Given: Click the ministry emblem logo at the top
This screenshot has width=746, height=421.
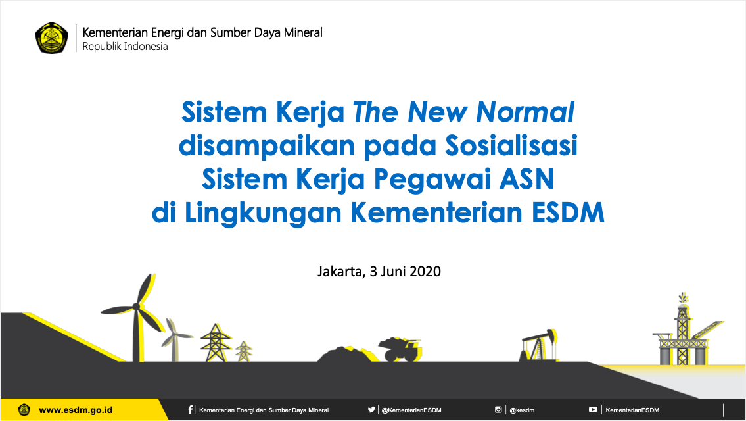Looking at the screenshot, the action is (51, 37).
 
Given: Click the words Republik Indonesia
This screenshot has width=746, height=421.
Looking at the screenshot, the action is (125, 47).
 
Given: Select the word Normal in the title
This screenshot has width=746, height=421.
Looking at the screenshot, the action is (525, 112).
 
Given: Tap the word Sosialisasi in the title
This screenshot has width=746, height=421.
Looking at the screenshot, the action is (511, 145).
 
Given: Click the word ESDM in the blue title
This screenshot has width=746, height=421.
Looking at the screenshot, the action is (568, 212).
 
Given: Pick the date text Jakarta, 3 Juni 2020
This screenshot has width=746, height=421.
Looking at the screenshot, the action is (379, 272).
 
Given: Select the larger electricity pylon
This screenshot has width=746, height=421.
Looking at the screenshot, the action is (216, 343).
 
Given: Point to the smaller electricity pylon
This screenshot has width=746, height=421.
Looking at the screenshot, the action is (244, 351).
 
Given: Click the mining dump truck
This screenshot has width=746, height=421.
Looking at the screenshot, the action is (400, 349).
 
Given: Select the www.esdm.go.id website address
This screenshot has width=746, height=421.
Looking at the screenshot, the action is (76, 410).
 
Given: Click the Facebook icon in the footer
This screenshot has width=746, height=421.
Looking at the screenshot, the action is (191, 410).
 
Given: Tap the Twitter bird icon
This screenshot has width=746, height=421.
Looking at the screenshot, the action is (371, 409).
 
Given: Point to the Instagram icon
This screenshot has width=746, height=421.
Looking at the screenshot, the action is (498, 409).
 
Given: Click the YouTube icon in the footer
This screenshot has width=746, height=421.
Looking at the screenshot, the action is (593, 409).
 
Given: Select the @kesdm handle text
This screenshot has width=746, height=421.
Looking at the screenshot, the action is (522, 410).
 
